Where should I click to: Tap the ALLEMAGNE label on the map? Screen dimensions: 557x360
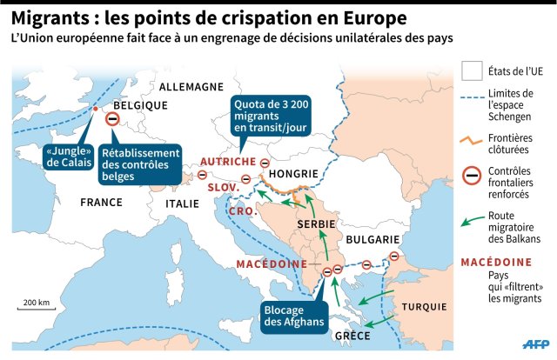(x=191, y=87)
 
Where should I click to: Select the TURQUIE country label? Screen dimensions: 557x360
(x=425, y=307)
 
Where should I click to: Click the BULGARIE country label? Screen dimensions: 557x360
(x=372, y=239)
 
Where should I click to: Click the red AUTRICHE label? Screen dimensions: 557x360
(x=227, y=162)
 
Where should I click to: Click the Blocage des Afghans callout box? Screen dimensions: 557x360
(x=293, y=314)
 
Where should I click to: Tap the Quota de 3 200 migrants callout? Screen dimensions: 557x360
(x=271, y=117)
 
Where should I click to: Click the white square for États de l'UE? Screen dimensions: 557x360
(x=472, y=70)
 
